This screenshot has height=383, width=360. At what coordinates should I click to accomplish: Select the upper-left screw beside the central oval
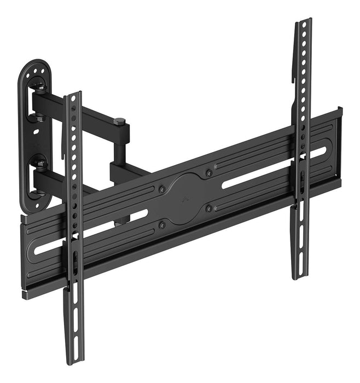[162, 189]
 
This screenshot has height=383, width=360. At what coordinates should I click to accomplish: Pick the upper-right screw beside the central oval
[209, 173]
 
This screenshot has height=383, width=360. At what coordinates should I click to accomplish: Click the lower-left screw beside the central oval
[162, 224]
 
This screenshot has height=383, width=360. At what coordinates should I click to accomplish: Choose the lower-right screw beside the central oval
[208, 208]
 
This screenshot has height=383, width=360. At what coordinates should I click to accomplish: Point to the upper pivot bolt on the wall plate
[39, 85]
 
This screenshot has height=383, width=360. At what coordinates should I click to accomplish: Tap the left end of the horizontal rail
[25, 257]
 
